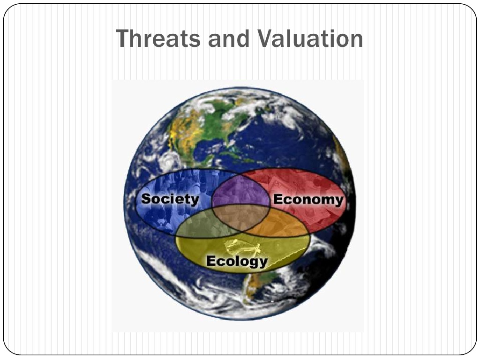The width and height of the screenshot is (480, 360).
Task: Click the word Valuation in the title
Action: click(310, 38)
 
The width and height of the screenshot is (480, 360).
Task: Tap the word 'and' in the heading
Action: click(229, 38)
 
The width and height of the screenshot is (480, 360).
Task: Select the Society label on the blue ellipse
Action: click(170, 199)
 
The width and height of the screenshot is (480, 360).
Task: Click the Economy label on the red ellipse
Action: click(308, 200)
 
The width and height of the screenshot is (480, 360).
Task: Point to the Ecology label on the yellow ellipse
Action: click(237, 261)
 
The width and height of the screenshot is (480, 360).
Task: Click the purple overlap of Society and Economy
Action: click(241, 191)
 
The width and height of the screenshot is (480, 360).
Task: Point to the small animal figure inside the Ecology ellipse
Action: click(243, 247)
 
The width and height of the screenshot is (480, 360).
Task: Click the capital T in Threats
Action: click(123, 38)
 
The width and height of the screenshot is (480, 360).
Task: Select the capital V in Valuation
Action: click(265, 38)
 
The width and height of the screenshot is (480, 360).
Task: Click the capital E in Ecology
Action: click(211, 261)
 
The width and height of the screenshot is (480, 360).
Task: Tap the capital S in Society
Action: click(146, 199)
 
